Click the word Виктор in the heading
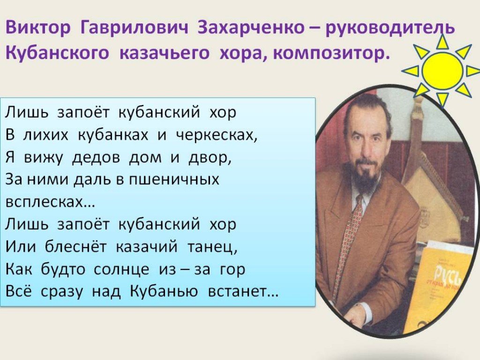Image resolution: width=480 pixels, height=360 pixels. [x=38, y=28]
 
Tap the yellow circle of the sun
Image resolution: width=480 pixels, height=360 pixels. [x=442, y=71]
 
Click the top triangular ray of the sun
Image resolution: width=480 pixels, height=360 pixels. [x=442, y=41]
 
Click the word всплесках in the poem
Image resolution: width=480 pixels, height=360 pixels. [x=50, y=202]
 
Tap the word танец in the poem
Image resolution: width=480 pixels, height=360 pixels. [x=212, y=247]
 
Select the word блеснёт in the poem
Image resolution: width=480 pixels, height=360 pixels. [x=76, y=247]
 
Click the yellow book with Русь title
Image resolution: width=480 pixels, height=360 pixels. [x=441, y=287]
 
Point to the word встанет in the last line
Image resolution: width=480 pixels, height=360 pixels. [x=243, y=292]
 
